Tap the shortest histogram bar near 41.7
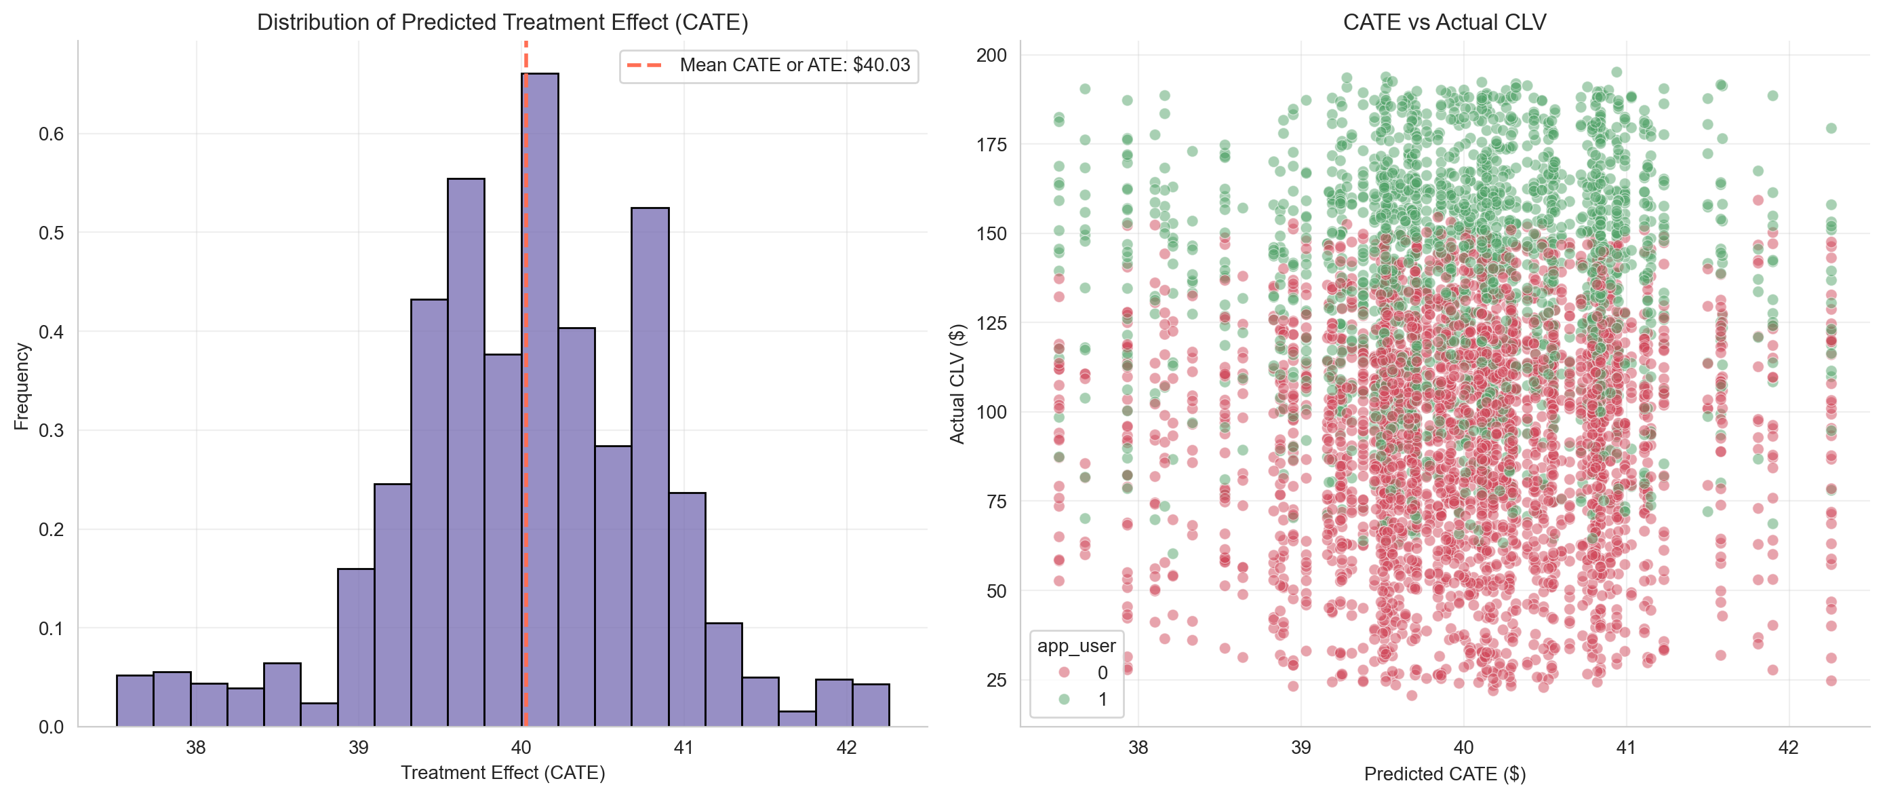[797, 719]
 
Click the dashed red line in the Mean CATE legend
[645, 65]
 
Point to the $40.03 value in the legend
[881, 65]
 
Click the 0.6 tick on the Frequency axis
[51, 134]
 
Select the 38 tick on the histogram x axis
[195, 748]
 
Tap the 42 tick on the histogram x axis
[846, 748]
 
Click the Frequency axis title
[21, 386]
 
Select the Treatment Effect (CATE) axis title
[502, 773]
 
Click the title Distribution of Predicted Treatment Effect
[502, 22]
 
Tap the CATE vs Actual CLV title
[1444, 22]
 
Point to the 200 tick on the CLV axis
[991, 56]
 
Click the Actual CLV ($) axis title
[957, 384]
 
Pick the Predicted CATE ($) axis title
[1444, 774]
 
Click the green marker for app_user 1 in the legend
[1065, 699]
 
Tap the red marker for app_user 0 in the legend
[1065, 672]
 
